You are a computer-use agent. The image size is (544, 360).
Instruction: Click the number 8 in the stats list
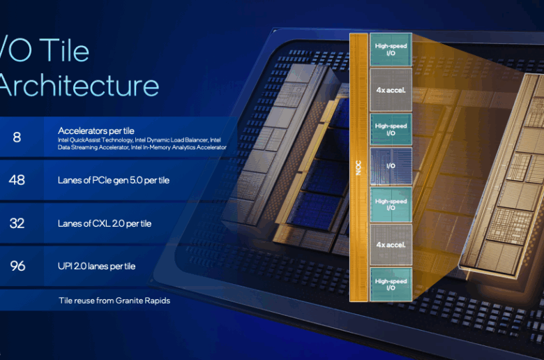17,137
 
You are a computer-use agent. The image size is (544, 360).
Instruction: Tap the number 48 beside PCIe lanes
17,180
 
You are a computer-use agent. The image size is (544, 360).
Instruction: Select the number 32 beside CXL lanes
17,223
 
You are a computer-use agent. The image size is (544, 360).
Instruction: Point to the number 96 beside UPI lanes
17,265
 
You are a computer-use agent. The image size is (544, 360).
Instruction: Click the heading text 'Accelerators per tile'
96,130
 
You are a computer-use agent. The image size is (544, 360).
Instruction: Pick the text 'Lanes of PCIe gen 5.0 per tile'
114,181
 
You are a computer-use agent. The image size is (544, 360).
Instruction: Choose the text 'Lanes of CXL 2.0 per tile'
105,223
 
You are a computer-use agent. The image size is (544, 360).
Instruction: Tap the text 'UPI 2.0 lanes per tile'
97,266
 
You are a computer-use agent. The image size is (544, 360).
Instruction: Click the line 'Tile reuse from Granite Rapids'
114,301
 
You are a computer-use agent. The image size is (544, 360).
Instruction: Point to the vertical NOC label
358,168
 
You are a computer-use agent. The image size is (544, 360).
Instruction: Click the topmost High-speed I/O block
391,50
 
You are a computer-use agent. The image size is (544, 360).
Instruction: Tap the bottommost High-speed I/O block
391,285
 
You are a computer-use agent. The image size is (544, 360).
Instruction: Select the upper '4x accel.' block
391,89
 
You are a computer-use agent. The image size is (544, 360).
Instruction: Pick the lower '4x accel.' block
391,245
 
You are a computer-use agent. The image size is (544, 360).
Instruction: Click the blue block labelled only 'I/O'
391,167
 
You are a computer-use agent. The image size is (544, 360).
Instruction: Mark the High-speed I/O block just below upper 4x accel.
391,129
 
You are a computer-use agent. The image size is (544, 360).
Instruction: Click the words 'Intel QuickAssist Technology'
89,140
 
